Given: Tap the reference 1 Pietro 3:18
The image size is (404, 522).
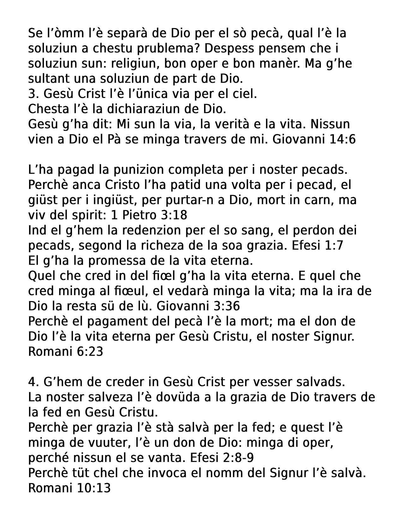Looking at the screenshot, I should (149, 215).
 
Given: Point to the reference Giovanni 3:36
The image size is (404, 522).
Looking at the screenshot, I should (198, 306).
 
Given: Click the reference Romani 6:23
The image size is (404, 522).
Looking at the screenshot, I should (65, 352).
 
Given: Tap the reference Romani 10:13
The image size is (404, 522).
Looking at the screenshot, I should (69, 488).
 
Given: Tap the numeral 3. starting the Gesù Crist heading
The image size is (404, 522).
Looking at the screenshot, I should (33, 94).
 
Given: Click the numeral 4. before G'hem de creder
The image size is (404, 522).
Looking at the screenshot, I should (33, 382).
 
